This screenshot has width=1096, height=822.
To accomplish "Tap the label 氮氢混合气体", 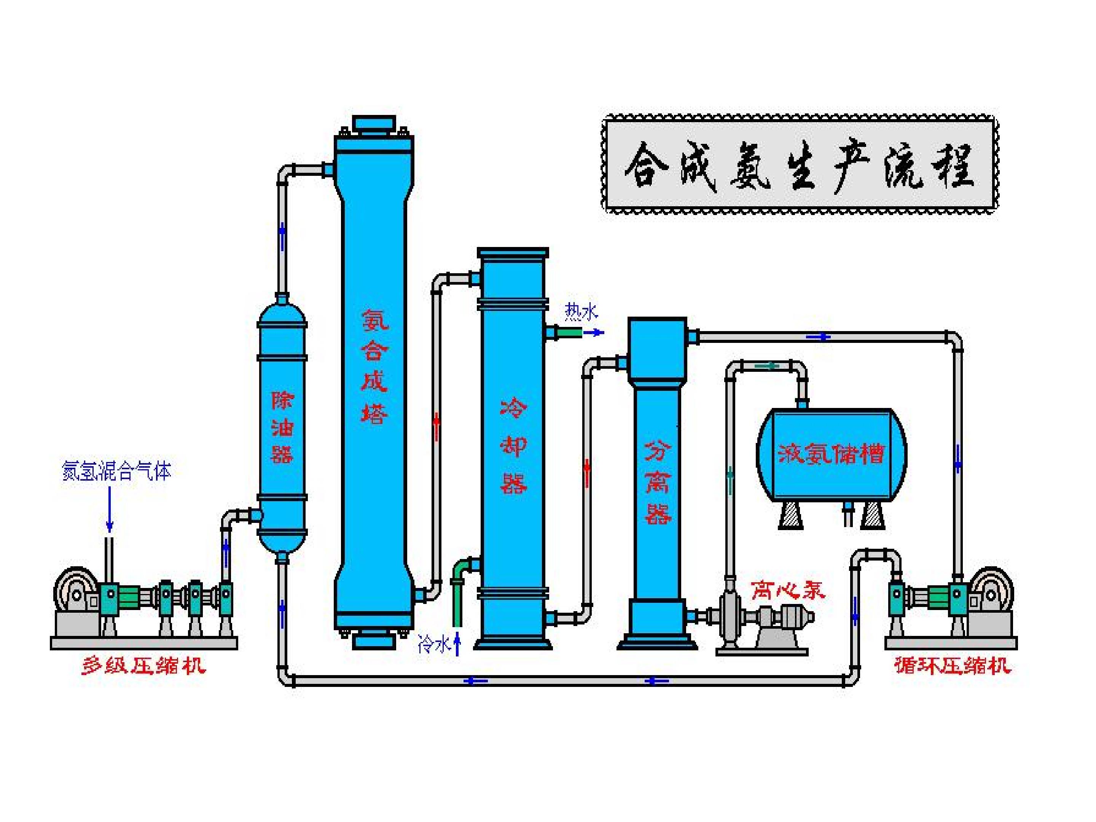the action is click(x=116, y=471).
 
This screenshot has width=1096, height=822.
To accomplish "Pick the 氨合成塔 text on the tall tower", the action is click(x=374, y=366).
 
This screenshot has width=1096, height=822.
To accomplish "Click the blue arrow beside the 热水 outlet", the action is click(x=594, y=333).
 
